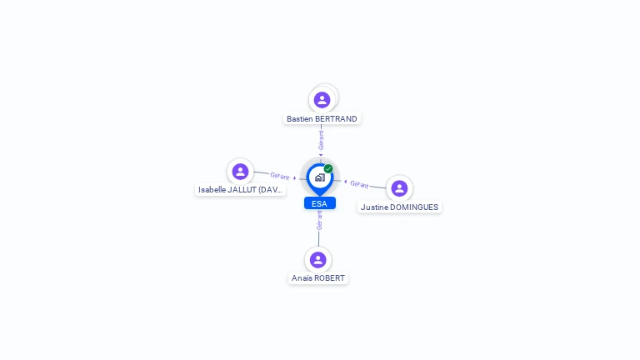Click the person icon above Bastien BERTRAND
click(322, 100)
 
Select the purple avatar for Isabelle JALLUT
click(240, 172)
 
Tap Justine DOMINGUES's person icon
click(399, 188)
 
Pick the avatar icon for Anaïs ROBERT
click(318, 260)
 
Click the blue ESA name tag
click(320, 203)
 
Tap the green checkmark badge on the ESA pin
click(328, 168)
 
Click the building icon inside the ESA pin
click(320, 177)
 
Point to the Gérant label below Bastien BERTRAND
click(321, 140)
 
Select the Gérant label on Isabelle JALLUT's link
click(280, 176)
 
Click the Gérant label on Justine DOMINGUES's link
click(359, 184)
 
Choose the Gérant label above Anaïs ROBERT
click(320, 220)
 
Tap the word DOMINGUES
click(414, 207)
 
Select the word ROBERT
click(329, 278)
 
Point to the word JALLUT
click(242, 190)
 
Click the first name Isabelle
click(212, 190)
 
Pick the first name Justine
click(374, 207)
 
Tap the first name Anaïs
click(301, 278)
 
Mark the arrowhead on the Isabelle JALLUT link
click(295, 178)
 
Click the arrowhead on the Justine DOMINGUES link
click(345, 182)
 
